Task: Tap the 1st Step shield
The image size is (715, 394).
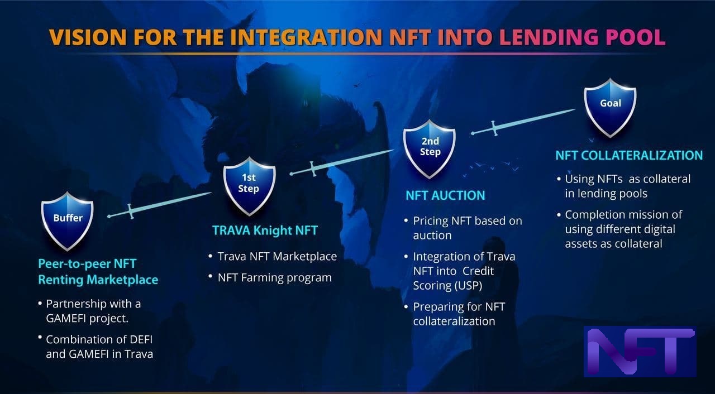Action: point(249,186)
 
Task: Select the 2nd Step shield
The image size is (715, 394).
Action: point(430,149)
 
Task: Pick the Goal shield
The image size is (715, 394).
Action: point(610,108)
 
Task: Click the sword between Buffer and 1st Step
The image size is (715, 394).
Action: point(159,205)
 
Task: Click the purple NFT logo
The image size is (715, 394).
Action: point(640,351)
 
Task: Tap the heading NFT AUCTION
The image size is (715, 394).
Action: point(445,195)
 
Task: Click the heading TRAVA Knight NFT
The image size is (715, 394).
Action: point(265,230)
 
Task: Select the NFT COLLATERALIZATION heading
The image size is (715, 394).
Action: point(629,156)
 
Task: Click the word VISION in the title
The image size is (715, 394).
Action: point(88,37)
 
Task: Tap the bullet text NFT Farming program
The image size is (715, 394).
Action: point(274,278)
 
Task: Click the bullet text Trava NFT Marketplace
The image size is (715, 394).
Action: point(277,256)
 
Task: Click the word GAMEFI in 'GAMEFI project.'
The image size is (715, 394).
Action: point(66,319)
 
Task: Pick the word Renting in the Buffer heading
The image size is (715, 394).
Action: point(61,280)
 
